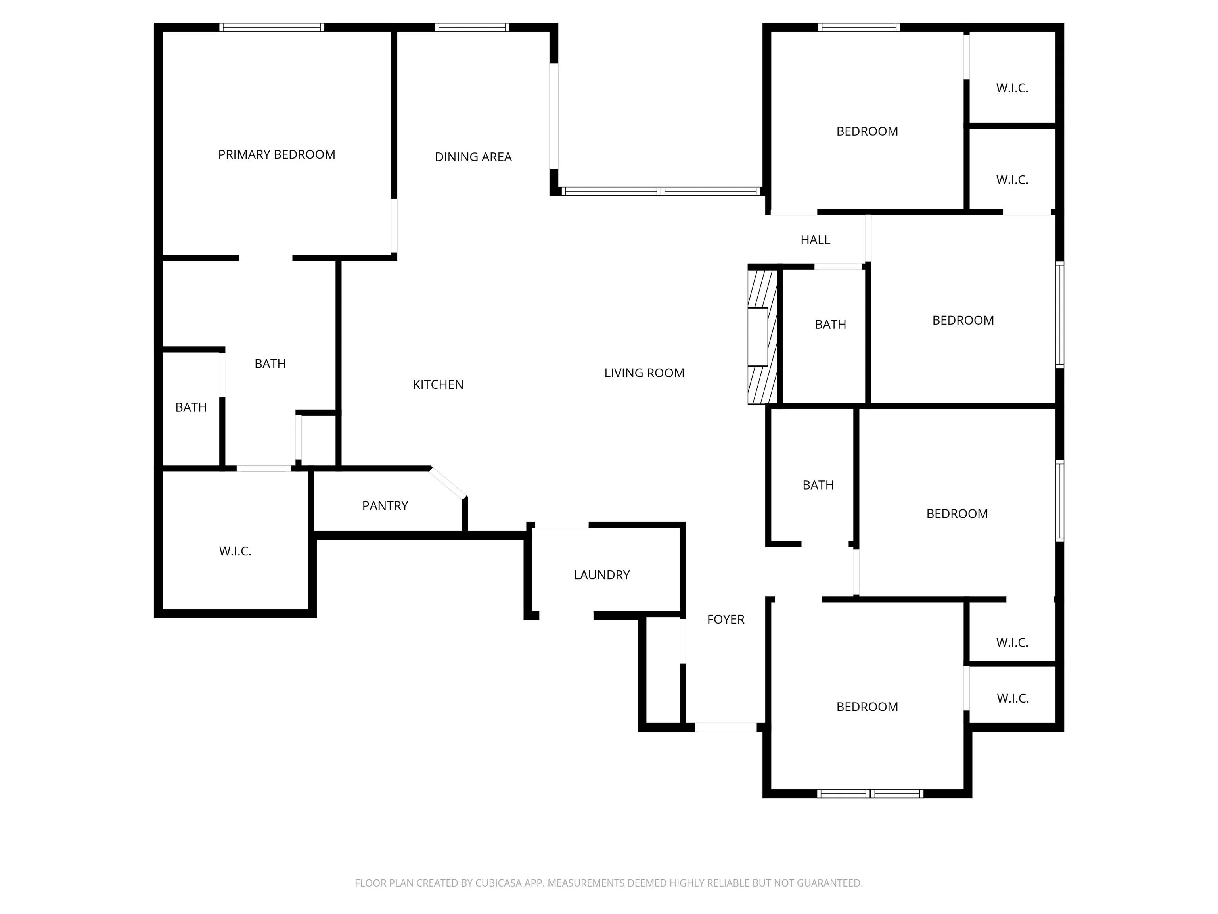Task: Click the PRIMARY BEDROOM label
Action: [276, 155]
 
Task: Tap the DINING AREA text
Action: [473, 157]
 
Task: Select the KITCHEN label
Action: [438, 384]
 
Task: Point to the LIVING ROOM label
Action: [643, 373]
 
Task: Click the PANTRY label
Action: [385, 506]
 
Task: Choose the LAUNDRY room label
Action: [601, 575]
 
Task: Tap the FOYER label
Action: [725, 619]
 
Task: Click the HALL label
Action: [815, 240]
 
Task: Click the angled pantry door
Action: [448, 483]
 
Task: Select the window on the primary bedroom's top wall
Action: [272, 27]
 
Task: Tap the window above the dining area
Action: [471, 27]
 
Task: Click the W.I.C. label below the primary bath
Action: [235, 551]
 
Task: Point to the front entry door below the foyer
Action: [725, 727]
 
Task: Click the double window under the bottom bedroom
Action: [869, 794]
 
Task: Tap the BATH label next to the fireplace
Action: [830, 325]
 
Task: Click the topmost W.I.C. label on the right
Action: [1011, 88]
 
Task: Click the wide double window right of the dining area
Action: [660, 191]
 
